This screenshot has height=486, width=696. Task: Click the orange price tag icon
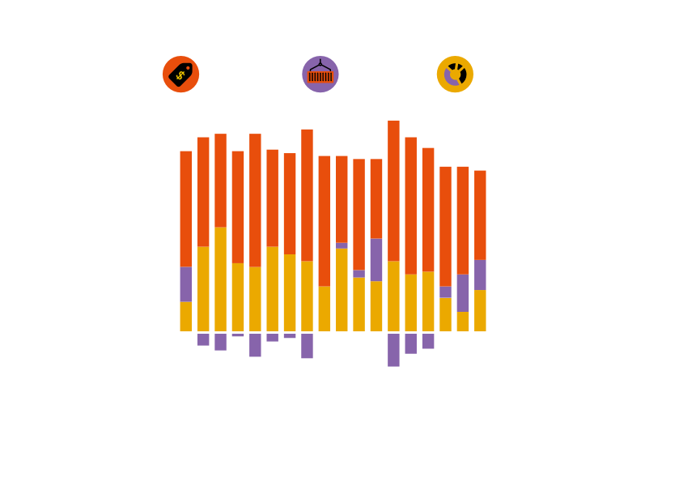point(180,74)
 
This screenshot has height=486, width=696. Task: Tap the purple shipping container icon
point(320,74)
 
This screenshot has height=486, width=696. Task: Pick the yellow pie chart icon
point(455,74)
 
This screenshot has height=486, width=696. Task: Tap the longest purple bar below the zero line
point(394,350)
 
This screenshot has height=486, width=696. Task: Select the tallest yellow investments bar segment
point(220,279)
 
